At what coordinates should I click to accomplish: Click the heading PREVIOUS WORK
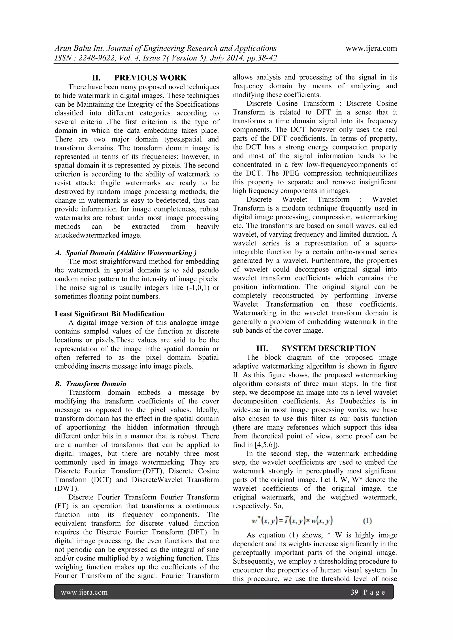coord(150,78)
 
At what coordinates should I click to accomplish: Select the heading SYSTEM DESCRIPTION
coord(328,349)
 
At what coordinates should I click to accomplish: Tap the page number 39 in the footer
coord(354,592)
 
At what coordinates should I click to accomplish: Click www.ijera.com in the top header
coord(371,48)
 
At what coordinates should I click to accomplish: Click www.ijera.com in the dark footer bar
coord(84,592)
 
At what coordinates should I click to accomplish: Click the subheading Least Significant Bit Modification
coord(109,314)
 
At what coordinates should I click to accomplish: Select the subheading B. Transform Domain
coord(90,384)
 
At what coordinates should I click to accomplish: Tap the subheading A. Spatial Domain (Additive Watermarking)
coord(126,253)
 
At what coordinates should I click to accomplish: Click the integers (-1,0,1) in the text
coord(198,288)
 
